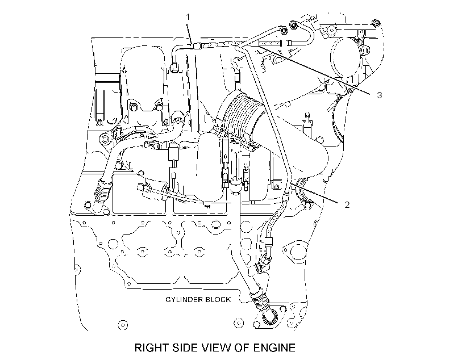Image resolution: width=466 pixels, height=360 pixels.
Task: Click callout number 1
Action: (x=188, y=17)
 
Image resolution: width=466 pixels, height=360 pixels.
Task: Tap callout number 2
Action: (x=347, y=204)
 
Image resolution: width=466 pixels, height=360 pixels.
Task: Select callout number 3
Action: (x=379, y=95)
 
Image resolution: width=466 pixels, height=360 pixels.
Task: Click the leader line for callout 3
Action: (x=313, y=69)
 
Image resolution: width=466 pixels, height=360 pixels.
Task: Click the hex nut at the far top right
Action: (x=376, y=23)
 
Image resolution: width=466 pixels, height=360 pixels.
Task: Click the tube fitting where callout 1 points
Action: (x=196, y=46)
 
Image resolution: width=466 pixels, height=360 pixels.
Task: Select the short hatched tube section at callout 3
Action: (x=269, y=44)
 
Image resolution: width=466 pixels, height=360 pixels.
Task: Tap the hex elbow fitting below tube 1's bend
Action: (x=174, y=67)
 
